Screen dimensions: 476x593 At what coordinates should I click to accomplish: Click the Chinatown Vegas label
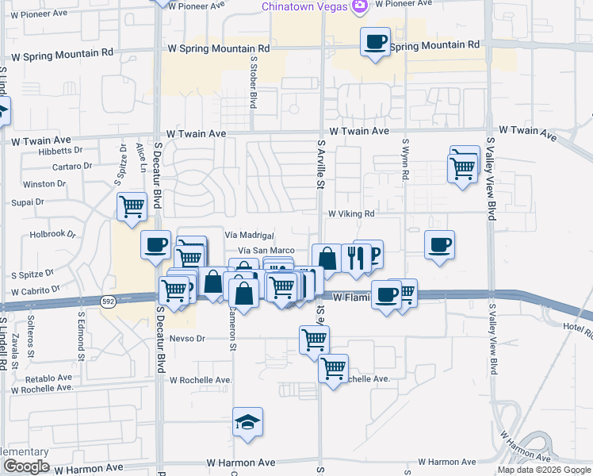point(305,6)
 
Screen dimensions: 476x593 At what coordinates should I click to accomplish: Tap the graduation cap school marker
point(248,423)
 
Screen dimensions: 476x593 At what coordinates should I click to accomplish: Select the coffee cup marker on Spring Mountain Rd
point(375,41)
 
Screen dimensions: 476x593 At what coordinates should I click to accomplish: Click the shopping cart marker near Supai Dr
point(132,206)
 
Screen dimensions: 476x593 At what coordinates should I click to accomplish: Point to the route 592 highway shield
point(109,301)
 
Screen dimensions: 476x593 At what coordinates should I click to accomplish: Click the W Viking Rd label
point(350,213)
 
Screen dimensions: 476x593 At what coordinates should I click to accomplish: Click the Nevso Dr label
point(187,339)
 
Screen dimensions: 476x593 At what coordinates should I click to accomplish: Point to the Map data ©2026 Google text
point(544,470)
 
